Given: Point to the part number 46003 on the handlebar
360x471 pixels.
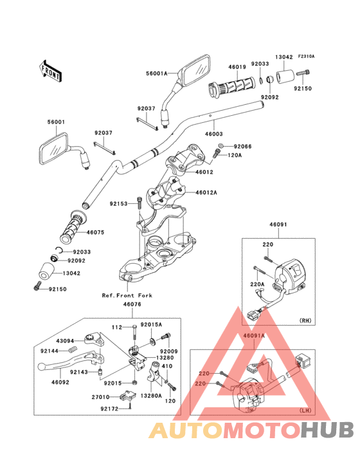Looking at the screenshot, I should point(213,134).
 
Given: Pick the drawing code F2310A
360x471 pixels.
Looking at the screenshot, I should point(305,57).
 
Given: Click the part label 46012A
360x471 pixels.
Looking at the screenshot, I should point(206,192).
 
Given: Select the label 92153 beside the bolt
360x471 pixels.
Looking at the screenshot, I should point(119,204).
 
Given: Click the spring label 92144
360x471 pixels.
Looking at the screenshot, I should point(50,351).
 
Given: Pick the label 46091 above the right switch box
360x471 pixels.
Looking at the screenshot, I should point(278,225).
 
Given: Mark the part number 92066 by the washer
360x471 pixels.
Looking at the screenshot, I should point(242,146).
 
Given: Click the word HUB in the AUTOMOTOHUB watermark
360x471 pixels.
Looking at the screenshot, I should point(326,430).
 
